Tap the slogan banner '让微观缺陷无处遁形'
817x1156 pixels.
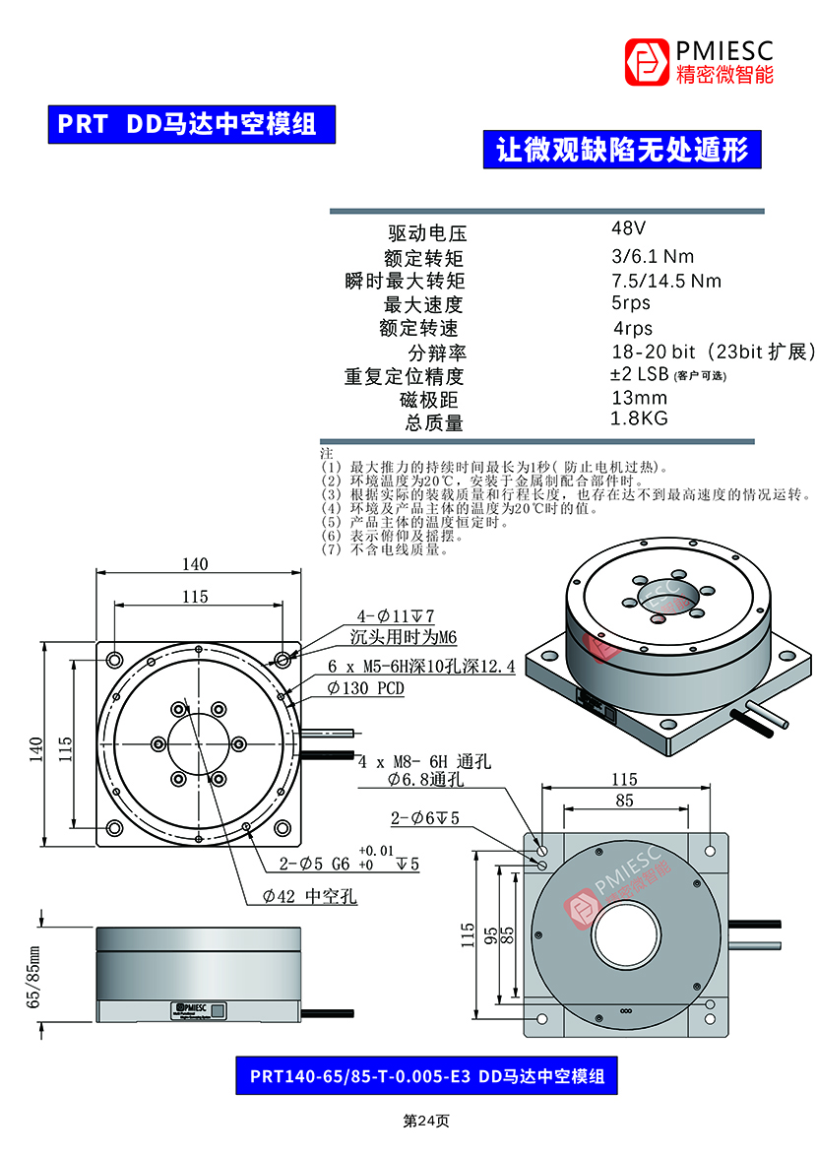(x=622, y=150)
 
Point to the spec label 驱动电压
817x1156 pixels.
(x=426, y=234)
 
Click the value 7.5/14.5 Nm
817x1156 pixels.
(x=666, y=281)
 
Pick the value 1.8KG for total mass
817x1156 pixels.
(x=639, y=418)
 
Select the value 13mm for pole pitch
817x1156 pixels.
(x=639, y=398)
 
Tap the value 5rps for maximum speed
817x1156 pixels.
(x=630, y=303)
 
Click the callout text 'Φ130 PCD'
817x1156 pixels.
(x=365, y=688)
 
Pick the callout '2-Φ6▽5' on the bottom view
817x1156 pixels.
(x=425, y=817)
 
